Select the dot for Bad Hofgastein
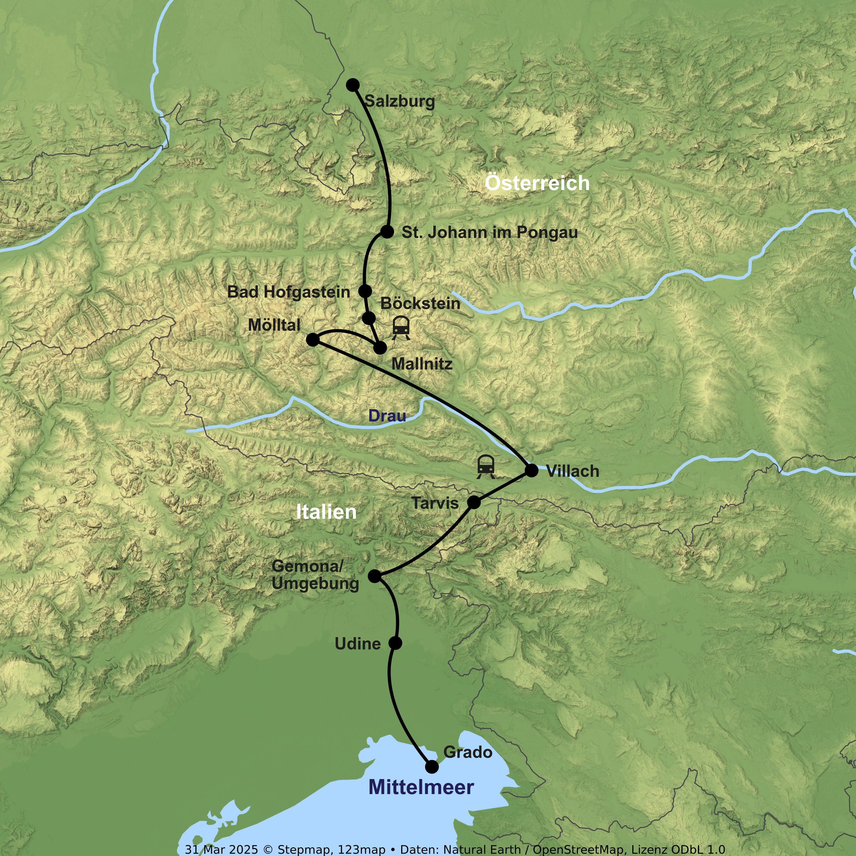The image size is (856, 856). click(x=365, y=291)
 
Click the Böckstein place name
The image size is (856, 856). click(x=420, y=304)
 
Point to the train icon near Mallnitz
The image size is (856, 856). click(x=401, y=328)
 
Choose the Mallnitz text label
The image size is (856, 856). click(x=422, y=364)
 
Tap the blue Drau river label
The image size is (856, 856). click(x=387, y=416)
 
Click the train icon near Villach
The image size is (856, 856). click(x=486, y=467)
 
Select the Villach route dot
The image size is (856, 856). click(x=531, y=470)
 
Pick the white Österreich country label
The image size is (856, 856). click(x=537, y=183)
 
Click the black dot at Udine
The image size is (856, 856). click(x=395, y=643)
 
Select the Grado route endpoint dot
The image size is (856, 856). click(x=431, y=766)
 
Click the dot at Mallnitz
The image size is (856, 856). click(x=380, y=348)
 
